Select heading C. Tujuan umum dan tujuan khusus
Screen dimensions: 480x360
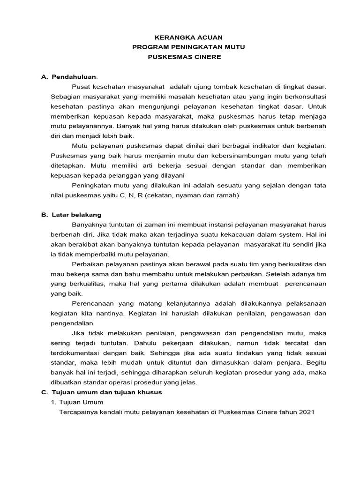102,392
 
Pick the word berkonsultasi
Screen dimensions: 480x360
302,97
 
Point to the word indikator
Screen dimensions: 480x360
258,146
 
